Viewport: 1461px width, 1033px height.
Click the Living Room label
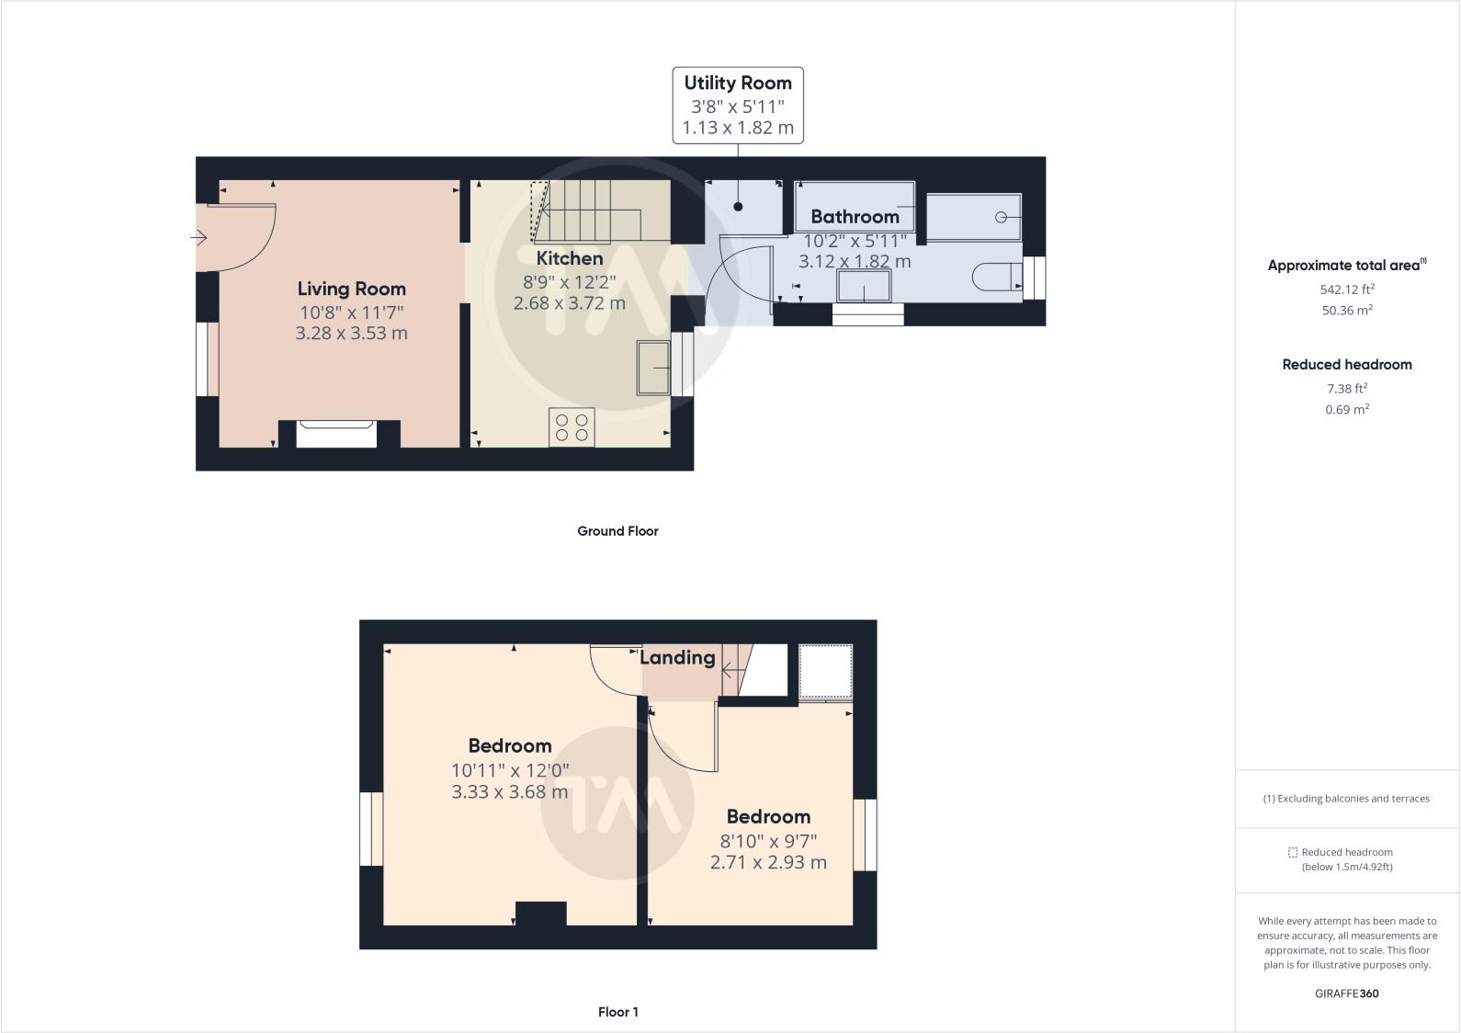352,289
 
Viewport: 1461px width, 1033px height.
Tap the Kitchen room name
570,258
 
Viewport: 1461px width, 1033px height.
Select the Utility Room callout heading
738,83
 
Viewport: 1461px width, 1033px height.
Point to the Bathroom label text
855,217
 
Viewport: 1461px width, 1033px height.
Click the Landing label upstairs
677,658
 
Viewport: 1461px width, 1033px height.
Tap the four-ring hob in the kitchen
572,427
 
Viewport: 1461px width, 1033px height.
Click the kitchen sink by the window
653,368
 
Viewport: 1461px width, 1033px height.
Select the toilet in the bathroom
997,277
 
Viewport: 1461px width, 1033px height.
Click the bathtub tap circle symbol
1001,217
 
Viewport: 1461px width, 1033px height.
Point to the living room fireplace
336,434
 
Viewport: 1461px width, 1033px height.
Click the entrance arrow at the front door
198,237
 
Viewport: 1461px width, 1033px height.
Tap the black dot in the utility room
738,207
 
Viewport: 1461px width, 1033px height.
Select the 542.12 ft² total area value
1347,289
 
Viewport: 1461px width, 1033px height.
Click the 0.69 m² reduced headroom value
1347,409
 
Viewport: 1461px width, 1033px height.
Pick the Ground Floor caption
617,531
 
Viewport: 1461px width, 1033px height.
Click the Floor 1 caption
617,1012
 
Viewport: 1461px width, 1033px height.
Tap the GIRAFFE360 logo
1347,993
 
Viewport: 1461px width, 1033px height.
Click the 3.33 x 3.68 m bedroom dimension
509,791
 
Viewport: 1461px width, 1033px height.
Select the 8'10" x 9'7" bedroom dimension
768,841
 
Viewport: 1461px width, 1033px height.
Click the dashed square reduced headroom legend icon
1293,852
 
